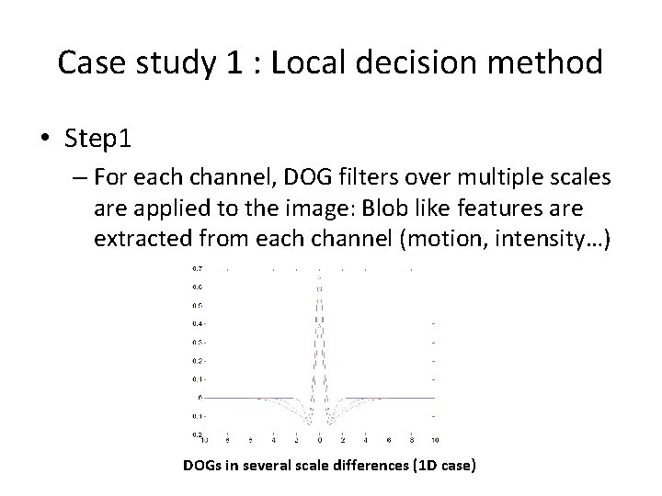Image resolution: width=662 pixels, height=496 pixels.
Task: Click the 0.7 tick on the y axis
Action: click(x=197, y=269)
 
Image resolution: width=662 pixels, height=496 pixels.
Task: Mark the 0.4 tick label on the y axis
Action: click(x=197, y=323)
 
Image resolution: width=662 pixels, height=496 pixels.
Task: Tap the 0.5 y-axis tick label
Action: click(x=197, y=305)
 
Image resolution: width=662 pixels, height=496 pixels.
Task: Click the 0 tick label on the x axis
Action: click(x=318, y=441)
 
